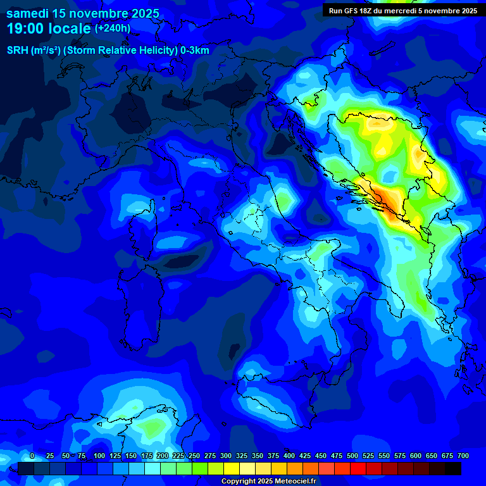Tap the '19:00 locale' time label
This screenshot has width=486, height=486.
48,29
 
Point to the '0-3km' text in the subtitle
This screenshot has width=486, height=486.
195,51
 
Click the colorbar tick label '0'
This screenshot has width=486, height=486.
32,456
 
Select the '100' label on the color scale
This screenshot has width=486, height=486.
99,456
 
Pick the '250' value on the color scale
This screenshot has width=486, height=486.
194,456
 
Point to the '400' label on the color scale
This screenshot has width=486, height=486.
289,456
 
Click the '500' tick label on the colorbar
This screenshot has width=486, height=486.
352,456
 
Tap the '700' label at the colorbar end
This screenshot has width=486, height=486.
463,456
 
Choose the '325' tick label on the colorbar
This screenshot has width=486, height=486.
241,456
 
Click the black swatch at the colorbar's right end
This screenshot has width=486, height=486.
453,469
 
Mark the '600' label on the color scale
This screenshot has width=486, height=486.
416,456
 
